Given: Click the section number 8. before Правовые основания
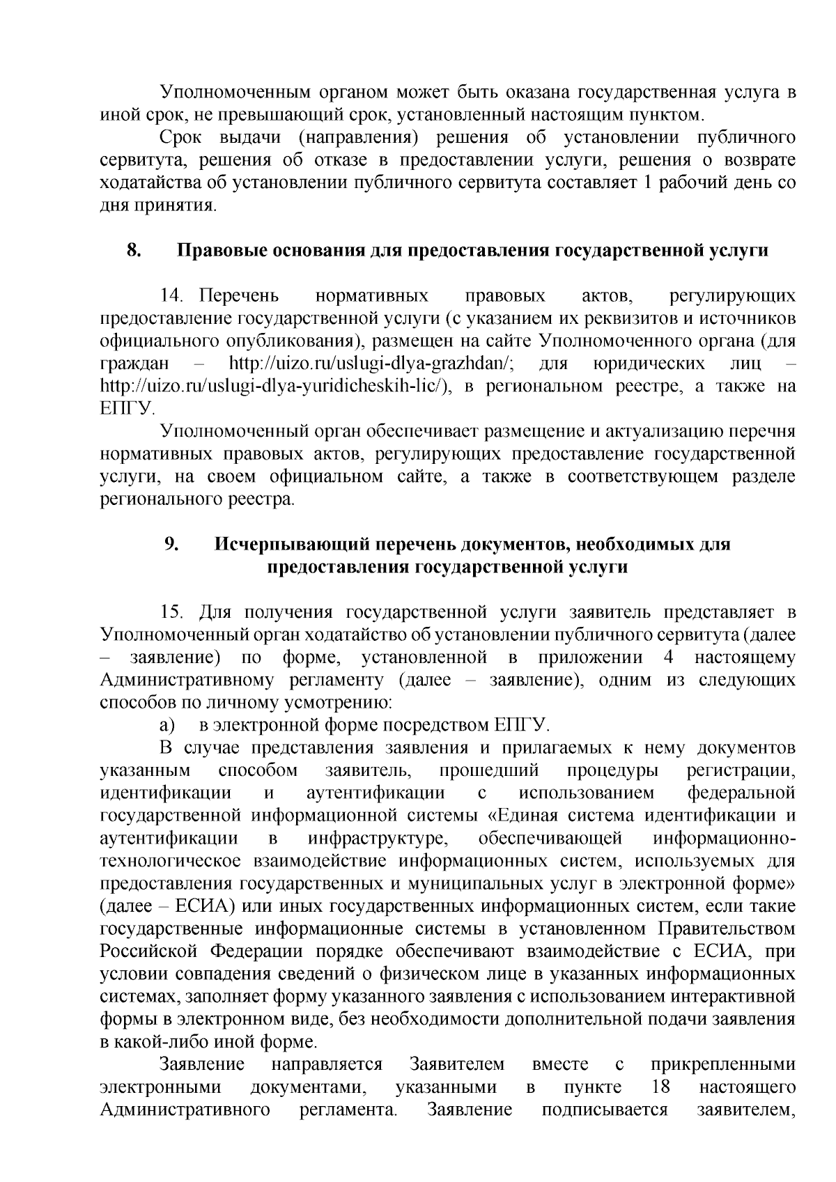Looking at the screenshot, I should (134, 250).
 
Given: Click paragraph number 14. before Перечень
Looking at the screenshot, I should (171, 296).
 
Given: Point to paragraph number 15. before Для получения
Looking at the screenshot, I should (171, 612).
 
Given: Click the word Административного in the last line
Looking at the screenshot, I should (186, 1110).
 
